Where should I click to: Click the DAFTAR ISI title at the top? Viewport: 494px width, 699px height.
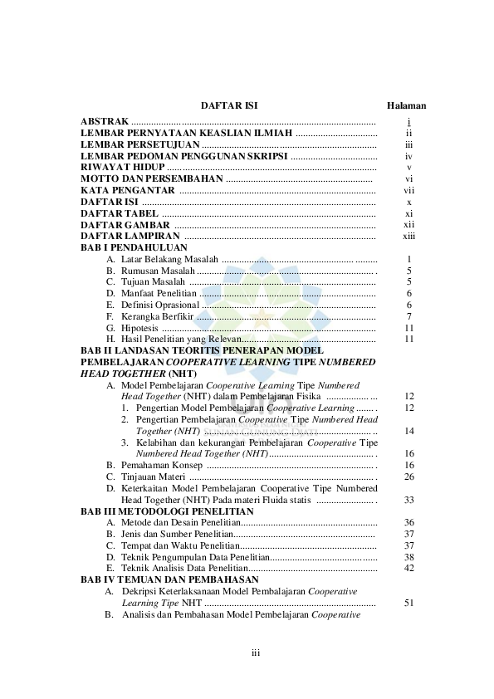[229, 106]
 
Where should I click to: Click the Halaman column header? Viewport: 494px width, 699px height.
[407, 106]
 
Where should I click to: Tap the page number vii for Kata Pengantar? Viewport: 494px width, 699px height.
[408, 190]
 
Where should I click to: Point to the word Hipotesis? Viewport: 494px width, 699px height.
[139, 327]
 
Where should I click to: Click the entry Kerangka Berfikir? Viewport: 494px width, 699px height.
[157, 316]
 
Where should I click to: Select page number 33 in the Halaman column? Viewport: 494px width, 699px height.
[408, 500]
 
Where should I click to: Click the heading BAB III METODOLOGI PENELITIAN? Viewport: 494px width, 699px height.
[167, 511]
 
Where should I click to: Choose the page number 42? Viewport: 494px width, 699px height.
[408, 568]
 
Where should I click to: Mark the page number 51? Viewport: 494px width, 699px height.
[408, 603]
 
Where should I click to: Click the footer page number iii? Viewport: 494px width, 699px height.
[256, 653]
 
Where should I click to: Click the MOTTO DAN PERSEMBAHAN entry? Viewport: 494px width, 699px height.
[152, 178]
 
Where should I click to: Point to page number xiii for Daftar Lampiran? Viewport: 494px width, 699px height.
[408, 236]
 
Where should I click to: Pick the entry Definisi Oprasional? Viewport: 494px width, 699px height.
[160, 305]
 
